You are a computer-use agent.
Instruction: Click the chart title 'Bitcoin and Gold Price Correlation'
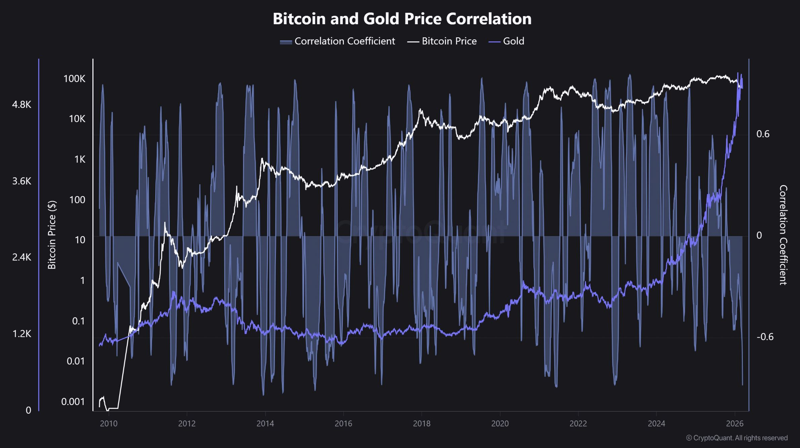click(402, 19)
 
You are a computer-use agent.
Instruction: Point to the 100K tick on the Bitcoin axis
click(74, 79)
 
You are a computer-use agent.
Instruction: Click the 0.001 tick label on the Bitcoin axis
click(73, 402)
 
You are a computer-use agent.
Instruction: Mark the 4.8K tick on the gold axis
click(22, 105)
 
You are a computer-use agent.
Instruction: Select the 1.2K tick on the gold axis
click(22, 334)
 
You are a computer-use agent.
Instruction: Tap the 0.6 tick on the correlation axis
click(763, 134)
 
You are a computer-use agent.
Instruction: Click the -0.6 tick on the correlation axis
click(765, 337)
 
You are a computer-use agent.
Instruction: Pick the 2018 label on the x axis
click(422, 423)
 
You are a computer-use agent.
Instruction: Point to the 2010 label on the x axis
click(109, 423)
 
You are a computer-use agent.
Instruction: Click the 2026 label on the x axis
click(734, 423)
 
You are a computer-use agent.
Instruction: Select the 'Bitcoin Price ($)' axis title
click(52, 235)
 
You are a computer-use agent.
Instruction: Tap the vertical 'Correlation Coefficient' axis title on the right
click(783, 235)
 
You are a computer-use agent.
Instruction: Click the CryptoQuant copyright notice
click(736, 438)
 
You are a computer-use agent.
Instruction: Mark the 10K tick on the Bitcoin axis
click(77, 119)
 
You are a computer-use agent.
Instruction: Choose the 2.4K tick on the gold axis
click(22, 257)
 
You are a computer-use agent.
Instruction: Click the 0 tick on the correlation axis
click(759, 235)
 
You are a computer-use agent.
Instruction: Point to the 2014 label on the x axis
click(265, 423)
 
